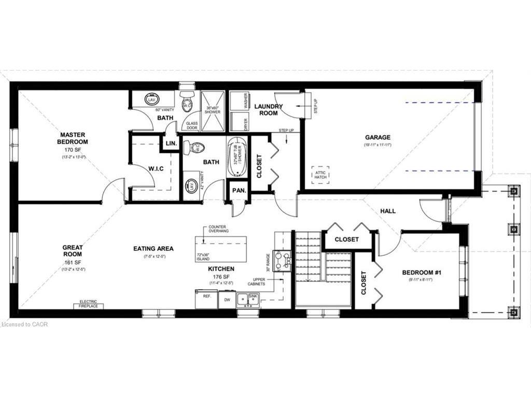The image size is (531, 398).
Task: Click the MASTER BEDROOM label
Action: [x=73, y=138]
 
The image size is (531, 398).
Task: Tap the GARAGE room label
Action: [x=378, y=137]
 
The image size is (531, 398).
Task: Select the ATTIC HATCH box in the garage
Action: [x=320, y=175]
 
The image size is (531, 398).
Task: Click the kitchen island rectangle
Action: [x=221, y=249]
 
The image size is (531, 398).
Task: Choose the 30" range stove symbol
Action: [x=282, y=261]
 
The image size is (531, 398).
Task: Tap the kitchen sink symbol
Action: [x=247, y=299]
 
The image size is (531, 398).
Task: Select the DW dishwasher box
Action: [x=227, y=300]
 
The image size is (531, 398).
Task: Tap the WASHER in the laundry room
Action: [x=239, y=101]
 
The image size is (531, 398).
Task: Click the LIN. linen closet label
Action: [x=170, y=144]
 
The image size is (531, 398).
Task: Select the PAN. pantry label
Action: [x=239, y=191]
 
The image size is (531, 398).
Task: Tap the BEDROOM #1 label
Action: [x=422, y=273]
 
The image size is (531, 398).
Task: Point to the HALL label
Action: [x=388, y=211]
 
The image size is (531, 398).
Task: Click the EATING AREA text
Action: [x=153, y=249]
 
